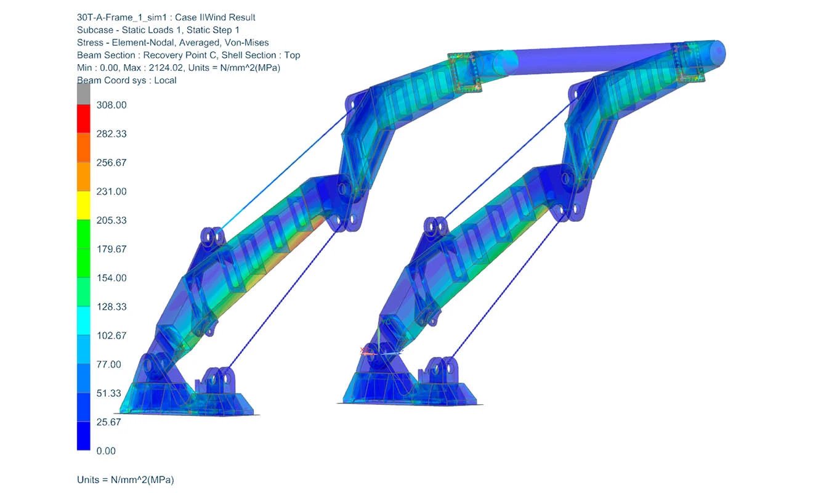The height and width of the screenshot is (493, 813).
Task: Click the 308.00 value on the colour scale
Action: click(111, 105)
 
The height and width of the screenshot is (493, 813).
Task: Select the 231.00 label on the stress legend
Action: click(111, 192)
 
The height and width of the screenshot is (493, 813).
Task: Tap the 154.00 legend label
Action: click(111, 278)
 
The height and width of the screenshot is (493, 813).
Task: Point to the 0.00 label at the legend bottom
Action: click(106, 451)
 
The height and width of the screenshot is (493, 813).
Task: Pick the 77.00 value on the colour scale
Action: click(109, 364)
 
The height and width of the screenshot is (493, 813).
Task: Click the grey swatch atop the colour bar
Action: click(84, 94)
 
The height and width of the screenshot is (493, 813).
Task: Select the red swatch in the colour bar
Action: click(84, 119)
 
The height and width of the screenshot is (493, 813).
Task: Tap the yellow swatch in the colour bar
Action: click(84, 205)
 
